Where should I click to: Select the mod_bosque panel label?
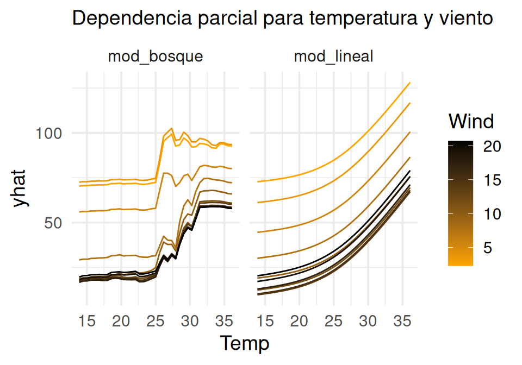pos(156,56)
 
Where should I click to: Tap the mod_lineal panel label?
pos(333,56)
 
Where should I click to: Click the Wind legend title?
pos(471,121)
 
